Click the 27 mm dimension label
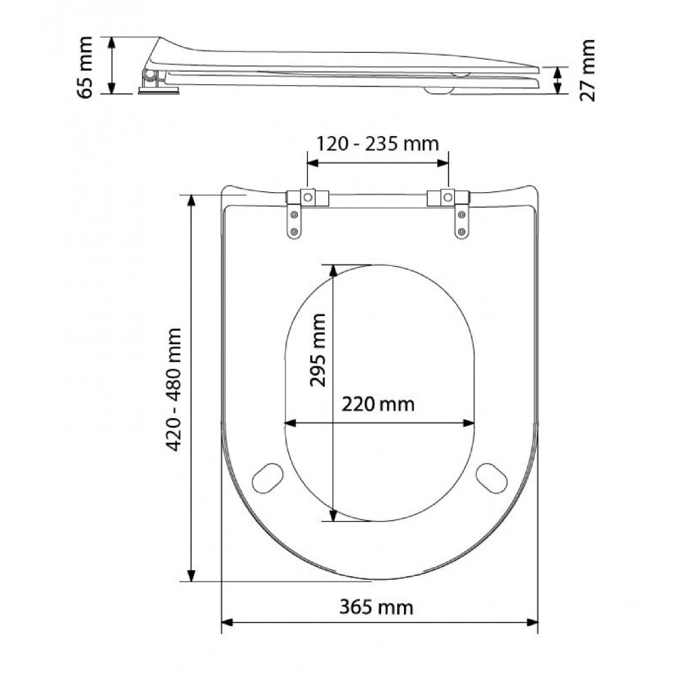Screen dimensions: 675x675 point(587,70)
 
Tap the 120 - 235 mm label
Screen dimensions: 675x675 point(377,144)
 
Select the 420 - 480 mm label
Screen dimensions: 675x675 point(174,390)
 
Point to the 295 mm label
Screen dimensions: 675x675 point(318,350)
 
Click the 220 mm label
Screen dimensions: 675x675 point(378,405)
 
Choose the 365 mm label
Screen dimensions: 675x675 point(376,607)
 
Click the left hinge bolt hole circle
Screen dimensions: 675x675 point(308,197)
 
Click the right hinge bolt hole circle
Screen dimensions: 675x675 point(448,197)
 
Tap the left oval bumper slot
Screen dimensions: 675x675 point(268,478)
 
